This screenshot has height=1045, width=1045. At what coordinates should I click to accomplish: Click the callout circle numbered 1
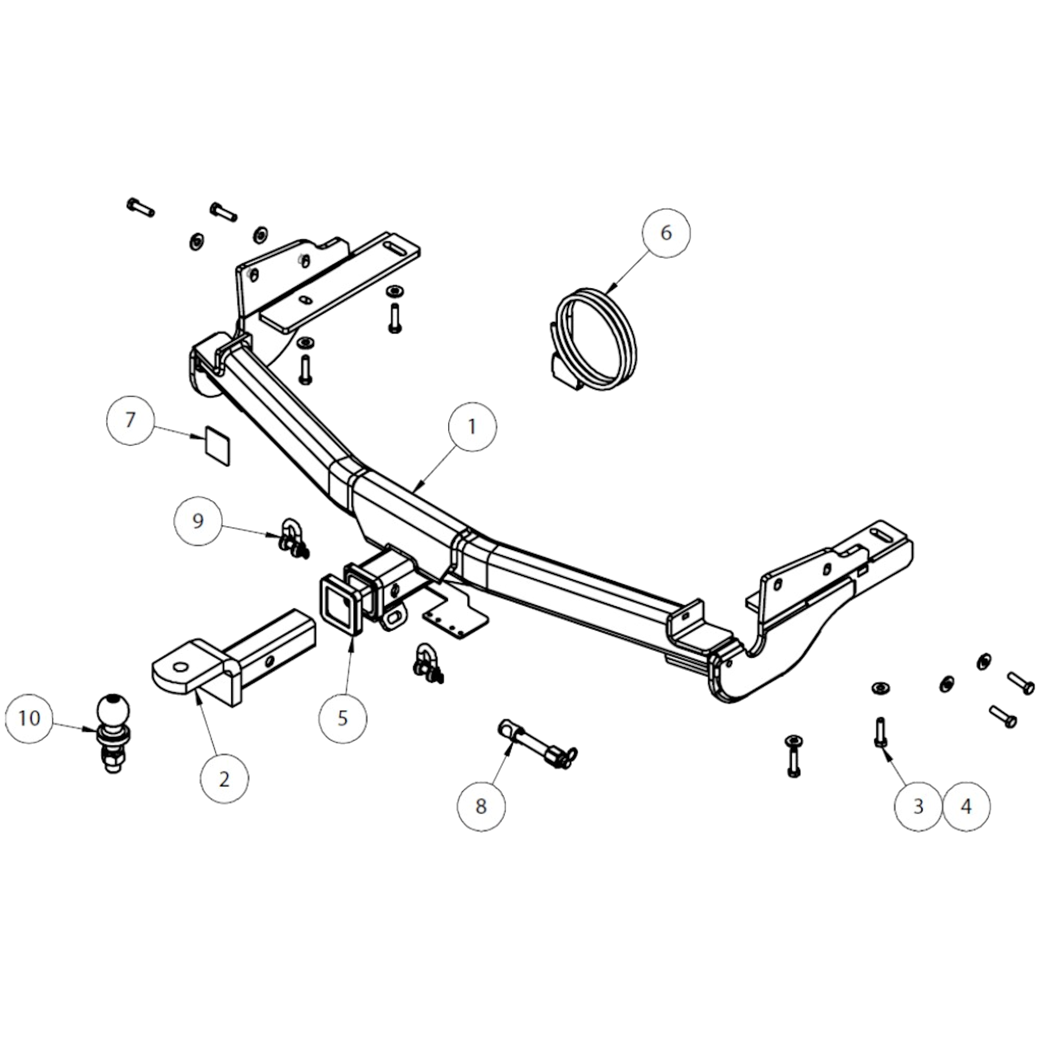click(x=471, y=427)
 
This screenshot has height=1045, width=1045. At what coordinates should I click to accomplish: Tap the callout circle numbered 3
click(x=918, y=807)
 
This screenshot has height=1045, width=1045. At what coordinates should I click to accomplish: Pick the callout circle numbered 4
click(x=966, y=807)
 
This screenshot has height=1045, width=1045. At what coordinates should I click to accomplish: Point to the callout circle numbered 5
click(x=342, y=718)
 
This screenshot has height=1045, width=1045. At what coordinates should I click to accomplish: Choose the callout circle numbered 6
click(x=666, y=233)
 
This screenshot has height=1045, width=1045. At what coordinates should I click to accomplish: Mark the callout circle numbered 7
click(x=130, y=420)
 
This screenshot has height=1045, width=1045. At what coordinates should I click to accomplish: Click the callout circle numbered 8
click(x=481, y=807)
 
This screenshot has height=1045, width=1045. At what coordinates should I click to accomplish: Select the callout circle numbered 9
click(x=198, y=521)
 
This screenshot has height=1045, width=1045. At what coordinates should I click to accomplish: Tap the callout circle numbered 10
click(x=29, y=718)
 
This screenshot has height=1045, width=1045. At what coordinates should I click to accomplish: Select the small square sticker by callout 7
click(x=217, y=445)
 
